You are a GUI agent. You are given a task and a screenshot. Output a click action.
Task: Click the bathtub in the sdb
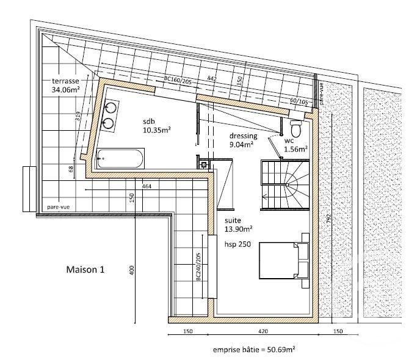(120, 159)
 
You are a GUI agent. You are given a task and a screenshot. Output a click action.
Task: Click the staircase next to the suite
(285, 183)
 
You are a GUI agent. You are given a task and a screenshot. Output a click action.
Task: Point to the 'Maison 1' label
(85, 269)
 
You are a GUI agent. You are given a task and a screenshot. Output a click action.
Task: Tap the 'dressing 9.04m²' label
(243, 140)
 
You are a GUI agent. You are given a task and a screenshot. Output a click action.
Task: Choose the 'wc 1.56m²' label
(294, 144)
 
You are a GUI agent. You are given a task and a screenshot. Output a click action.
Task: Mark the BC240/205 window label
(198, 268)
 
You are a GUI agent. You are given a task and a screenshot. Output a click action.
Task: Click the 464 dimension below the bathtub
(146, 185)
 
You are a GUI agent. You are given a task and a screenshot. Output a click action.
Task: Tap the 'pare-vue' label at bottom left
(57, 207)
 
